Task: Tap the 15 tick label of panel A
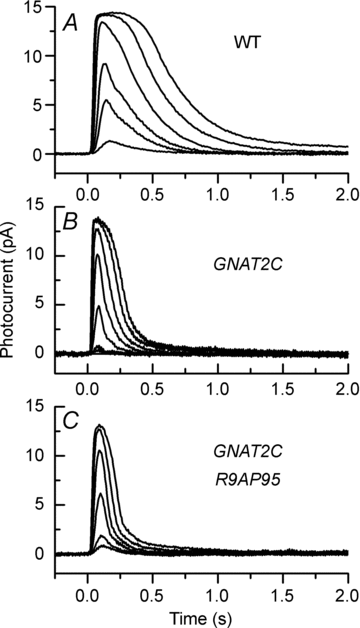[x=36, y=10]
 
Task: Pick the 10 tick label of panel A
[x=36, y=58]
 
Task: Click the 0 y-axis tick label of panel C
[x=40, y=553]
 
